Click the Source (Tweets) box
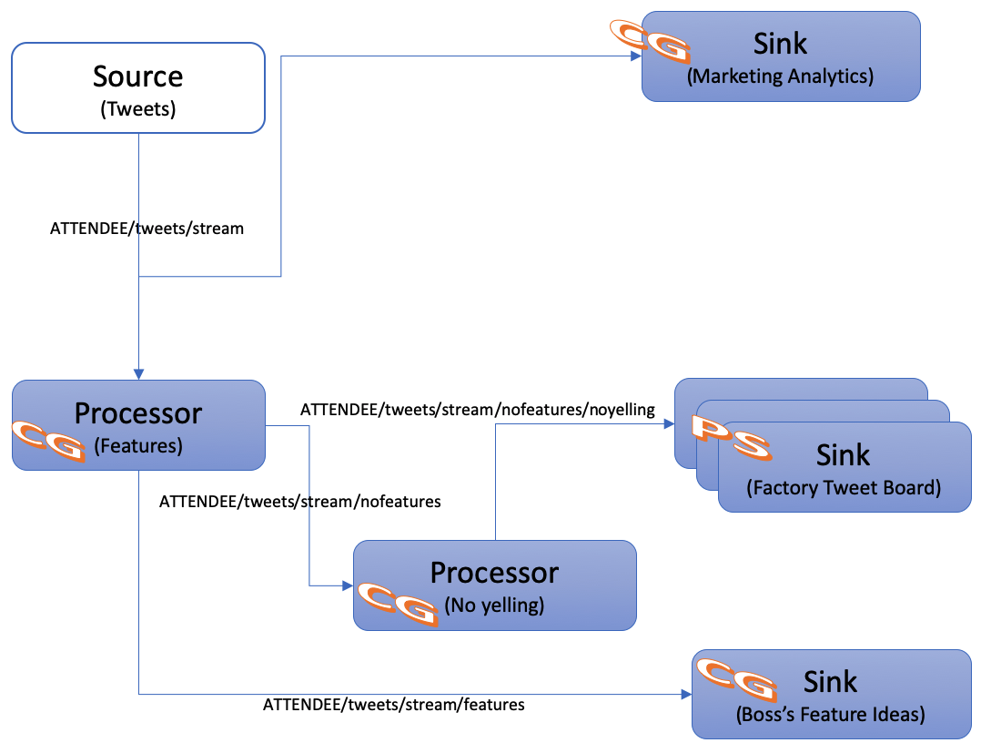[x=137, y=89]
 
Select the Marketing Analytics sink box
[x=781, y=56]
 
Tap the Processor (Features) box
[x=138, y=425]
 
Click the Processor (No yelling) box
[x=494, y=585]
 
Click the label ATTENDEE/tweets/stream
[x=147, y=229]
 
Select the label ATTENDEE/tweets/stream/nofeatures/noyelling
[x=478, y=410]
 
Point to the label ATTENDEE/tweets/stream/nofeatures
[x=299, y=502]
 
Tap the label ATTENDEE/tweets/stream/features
[x=393, y=704]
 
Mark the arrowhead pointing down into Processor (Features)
[x=138, y=374]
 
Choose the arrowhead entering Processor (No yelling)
[x=347, y=585]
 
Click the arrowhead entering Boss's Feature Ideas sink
[x=685, y=694]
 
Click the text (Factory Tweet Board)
[x=843, y=487]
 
